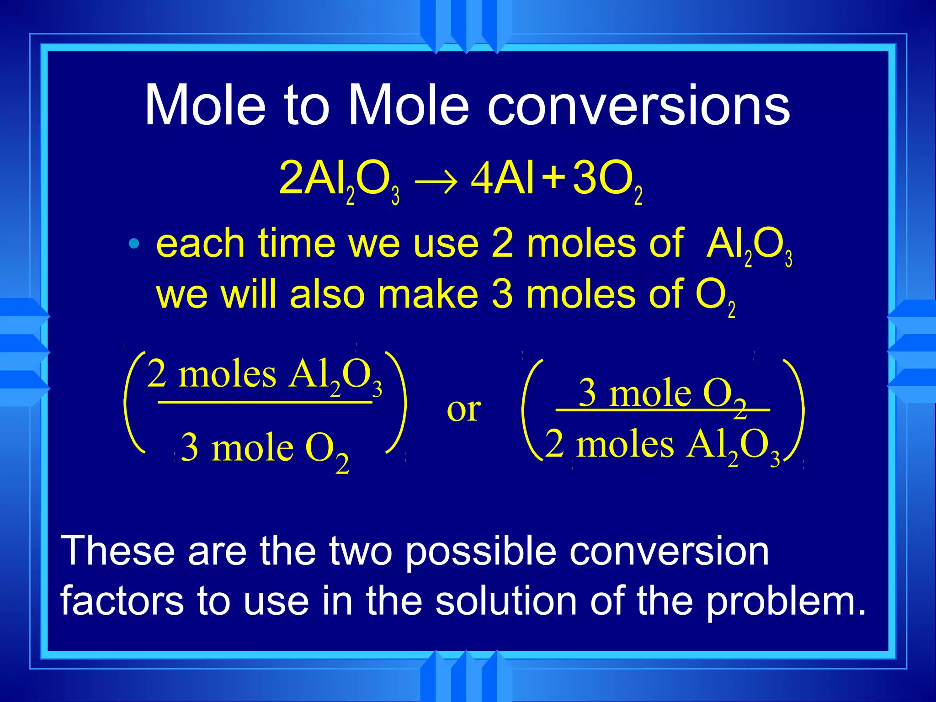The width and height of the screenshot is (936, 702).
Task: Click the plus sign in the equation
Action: pyautogui.click(x=553, y=177)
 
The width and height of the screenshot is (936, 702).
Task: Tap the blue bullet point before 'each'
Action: pyautogui.click(x=133, y=244)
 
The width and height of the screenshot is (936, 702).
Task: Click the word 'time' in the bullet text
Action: pyautogui.click(x=297, y=244)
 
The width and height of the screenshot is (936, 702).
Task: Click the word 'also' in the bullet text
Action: pyautogui.click(x=327, y=295)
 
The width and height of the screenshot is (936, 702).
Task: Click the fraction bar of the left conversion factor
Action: pyautogui.click(x=265, y=402)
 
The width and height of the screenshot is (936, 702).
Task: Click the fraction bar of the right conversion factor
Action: pyautogui.click(x=663, y=410)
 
